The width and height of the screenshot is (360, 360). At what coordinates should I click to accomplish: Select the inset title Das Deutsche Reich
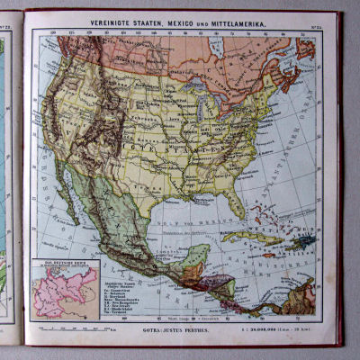[x=63, y=265]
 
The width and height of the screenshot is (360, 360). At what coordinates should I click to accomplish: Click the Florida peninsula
[x=236, y=202]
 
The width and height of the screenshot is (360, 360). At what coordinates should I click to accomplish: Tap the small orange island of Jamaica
[x=269, y=254]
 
